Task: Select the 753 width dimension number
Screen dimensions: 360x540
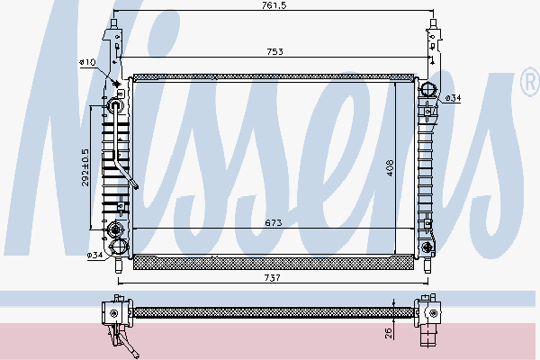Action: pyautogui.click(x=274, y=51)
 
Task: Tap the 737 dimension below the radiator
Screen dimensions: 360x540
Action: pyautogui.click(x=274, y=279)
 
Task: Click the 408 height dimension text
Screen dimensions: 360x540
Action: pyautogui.click(x=391, y=168)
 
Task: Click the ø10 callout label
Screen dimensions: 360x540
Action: pyautogui.click(x=87, y=62)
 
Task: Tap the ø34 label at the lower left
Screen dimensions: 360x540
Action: pyautogui.click(x=94, y=256)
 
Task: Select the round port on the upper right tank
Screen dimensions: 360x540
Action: pyautogui.click(x=429, y=89)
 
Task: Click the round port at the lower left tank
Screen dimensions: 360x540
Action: pyautogui.click(x=116, y=247)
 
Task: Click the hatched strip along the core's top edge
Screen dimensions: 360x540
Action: pyautogui.click(x=274, y=78)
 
